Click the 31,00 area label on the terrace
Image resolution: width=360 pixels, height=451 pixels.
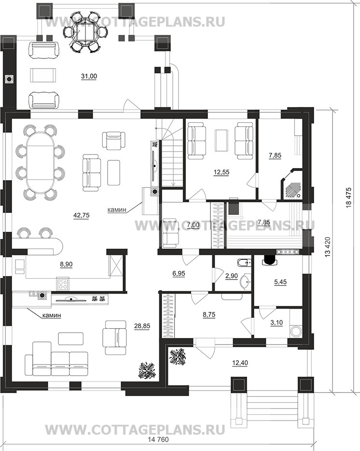pyautogui.click(x=89, y=76)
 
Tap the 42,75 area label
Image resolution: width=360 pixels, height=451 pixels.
pyautogui.click(x=82, y=215)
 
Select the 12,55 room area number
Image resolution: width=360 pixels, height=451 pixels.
pyautogui.click(x=222, y=172)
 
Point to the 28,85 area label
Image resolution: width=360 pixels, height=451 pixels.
pyautogui.click(x=142, y=325)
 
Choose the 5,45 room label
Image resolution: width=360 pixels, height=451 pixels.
pyautogui.click(x=279, y=282)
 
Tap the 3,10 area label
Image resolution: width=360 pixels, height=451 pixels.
pyautogui.click(x=277, y=323)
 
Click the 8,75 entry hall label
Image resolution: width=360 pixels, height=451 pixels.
pyautogui.click(x=209, y=315)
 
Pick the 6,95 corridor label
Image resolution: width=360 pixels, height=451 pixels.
pyautogui.click(x=179, y=273)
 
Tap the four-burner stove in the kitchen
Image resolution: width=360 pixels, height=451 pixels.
pyautogui.click(x=63, y=284)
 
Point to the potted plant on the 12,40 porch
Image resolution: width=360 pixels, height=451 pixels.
pyautogui.click(x=178, y=357)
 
